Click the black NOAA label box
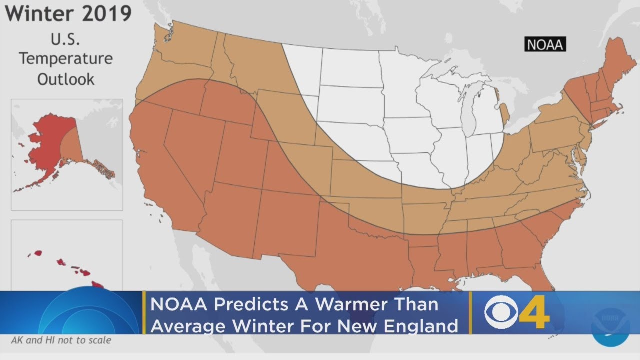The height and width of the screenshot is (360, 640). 545,44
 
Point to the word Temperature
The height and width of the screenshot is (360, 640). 66,58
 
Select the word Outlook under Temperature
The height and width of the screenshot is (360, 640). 66,79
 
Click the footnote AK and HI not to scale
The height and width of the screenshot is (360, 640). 61,340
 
